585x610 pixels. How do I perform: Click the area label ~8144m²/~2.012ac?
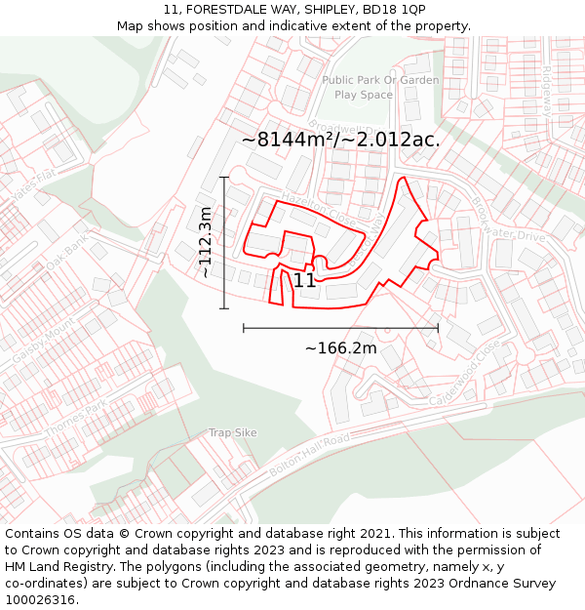[340, 140]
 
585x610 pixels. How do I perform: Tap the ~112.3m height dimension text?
[206, 243]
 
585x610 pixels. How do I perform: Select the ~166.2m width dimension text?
[340, 348]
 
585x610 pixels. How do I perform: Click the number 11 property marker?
[304, 281]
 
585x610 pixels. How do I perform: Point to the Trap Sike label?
[232, 432]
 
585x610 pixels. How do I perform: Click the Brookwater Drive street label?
[508, 221]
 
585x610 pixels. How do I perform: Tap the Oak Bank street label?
[67, 252]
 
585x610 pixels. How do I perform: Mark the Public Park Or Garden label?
[380, 80]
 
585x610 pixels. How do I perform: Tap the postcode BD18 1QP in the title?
[391, 10]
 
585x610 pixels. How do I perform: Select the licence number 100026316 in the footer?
[40, 600]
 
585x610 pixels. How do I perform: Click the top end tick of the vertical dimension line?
[224, 178]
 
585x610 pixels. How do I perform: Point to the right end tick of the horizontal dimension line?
[438, 328]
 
